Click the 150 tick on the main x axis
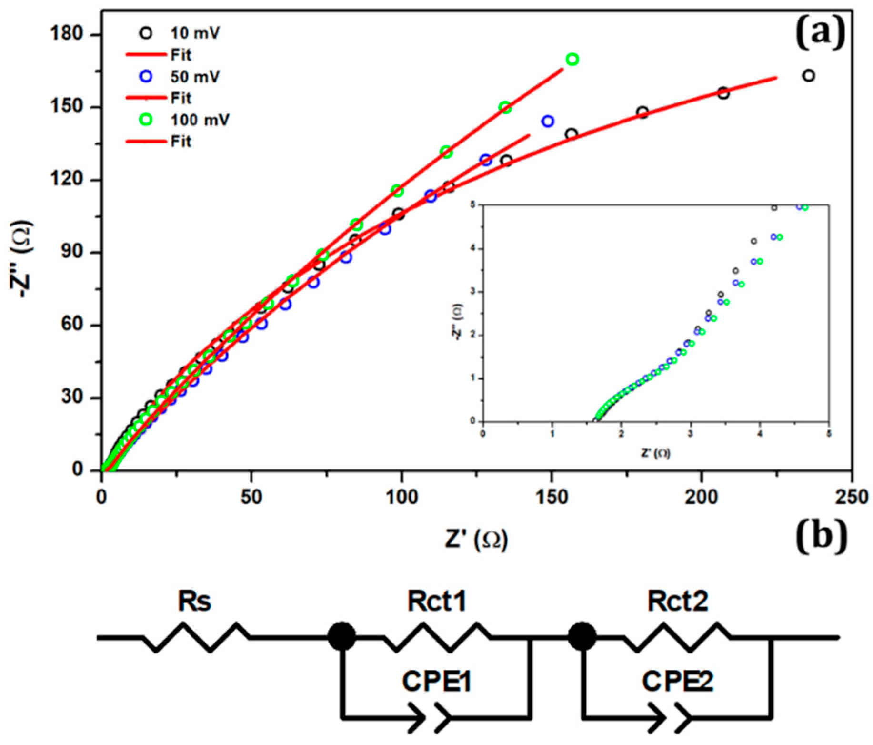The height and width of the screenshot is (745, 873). (x=552, y=497)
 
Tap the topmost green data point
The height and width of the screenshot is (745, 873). (x=572, y=60)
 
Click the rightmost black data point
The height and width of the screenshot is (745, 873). (x=808, y=76)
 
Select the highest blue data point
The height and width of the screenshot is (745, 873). (x=548, y=122)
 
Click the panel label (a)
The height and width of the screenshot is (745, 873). (x=820, y=33)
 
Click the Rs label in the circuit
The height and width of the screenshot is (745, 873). (x=194, y=601)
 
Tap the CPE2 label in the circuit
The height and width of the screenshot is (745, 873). (x=677, y=682)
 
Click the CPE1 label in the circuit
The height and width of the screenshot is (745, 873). (x=437, y=682)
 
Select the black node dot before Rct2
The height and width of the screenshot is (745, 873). (x=582, y=636)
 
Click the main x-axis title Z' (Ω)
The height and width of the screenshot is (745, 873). (x=476, y=539)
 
